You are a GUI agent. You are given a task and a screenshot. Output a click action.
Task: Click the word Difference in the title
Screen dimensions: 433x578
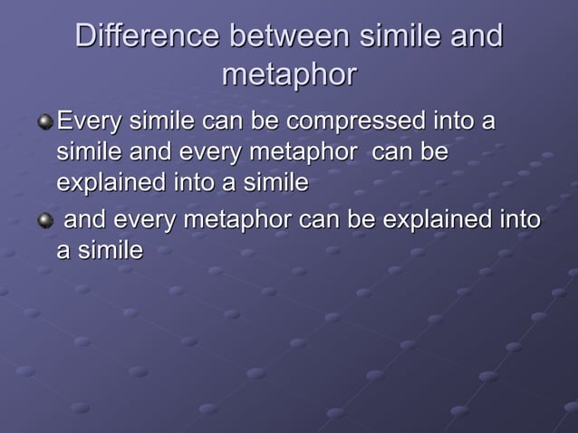[146, 36]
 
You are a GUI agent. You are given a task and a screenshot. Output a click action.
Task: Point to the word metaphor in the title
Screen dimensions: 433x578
[289, 74]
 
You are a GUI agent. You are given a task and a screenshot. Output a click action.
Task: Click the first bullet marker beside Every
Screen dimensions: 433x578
[44, 121]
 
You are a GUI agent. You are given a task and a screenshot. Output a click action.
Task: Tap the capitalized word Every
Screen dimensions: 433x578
[88, 120]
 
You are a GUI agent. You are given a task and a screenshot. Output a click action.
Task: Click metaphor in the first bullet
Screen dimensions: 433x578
[303, 151]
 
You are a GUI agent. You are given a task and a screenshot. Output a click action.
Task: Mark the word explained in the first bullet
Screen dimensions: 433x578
[110, 182]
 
